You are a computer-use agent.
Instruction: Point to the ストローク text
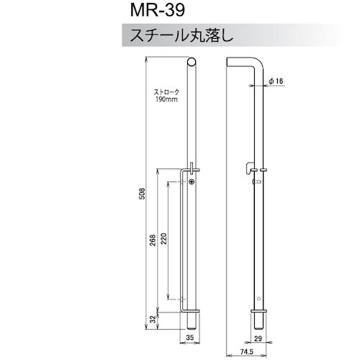166,92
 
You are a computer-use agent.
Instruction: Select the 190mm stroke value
166,99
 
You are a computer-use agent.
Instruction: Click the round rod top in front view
190,65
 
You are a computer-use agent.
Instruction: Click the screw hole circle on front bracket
191,182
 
